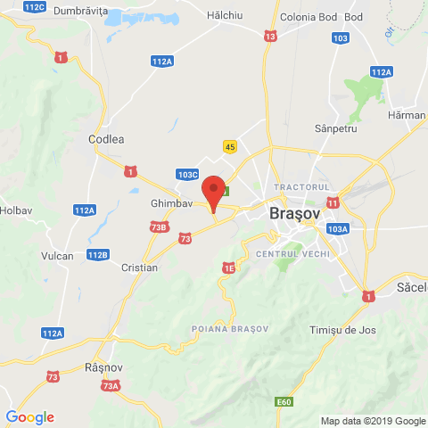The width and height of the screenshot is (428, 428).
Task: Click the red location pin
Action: tap(212, 192)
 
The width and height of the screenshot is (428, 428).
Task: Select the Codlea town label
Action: tap(106, 139)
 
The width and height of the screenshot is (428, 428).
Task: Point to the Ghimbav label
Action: tap(172, 203)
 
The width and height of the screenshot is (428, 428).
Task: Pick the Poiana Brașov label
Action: tap(230, 329)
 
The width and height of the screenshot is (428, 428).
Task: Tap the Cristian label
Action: tap(141, 267)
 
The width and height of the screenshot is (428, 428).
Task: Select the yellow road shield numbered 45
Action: tap(230, 147)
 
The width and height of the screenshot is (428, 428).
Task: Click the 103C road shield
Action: tap(187, 176)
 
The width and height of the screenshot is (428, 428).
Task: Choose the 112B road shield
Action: tap(99, 255)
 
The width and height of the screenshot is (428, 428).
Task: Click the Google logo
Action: tap(29, 416)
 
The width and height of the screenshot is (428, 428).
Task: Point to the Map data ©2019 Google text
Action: tap(373, 421)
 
